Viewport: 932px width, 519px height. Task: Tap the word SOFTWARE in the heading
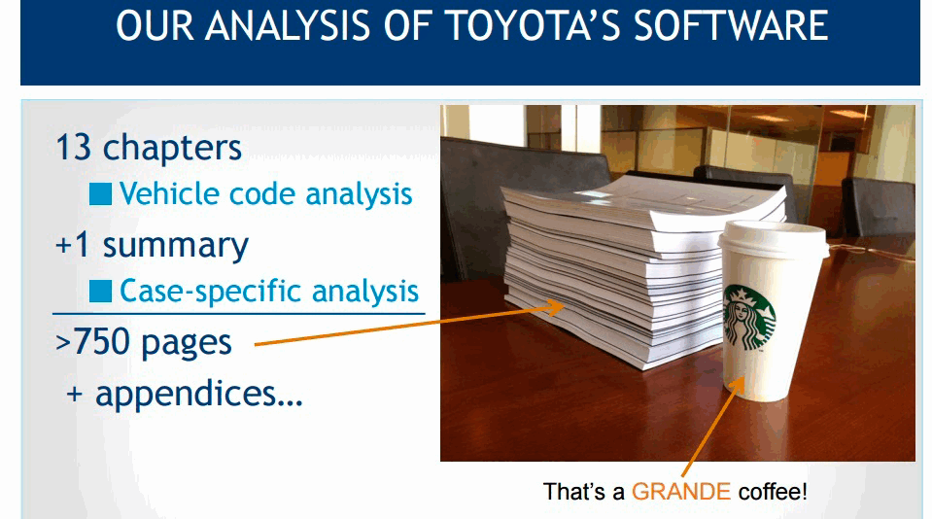[x=731, y=25]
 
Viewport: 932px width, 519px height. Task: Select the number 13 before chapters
[x=74, y=147]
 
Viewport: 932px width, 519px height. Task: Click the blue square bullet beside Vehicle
[x=100, y=193]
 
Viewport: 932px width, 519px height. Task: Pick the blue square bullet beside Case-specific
[x=100, y=291]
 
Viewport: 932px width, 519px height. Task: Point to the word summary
[x=175, y=246]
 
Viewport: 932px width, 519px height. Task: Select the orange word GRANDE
[x=680, y=492]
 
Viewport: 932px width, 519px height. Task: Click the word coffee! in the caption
[x=773, y=492]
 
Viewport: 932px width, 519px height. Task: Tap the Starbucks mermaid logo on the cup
[x=749, y=318]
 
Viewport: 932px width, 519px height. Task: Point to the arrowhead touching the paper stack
[x=554, y=307]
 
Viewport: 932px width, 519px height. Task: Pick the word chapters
[x=172, y=148]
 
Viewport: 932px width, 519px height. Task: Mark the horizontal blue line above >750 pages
[x=239, y=313]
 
